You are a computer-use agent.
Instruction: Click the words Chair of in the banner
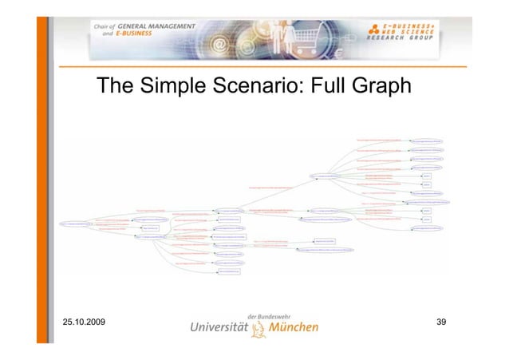tap(105, 27)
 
